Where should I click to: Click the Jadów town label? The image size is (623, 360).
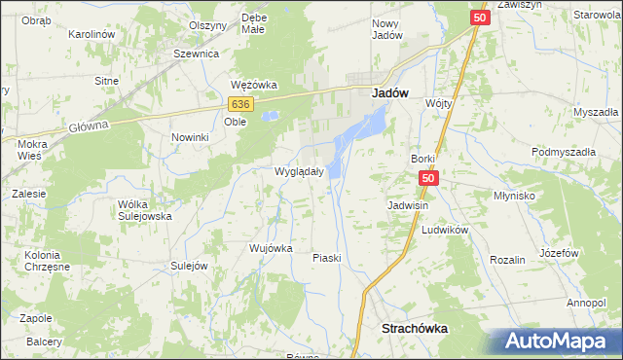(x=390, y=93)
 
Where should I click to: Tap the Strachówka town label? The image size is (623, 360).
(x=416, y=329)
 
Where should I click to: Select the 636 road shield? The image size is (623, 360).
(x=242, y=103)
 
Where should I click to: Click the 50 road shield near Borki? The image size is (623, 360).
(x=431, y=179)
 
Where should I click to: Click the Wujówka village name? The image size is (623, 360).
(x=271, y=248)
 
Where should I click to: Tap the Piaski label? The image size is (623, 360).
(x=325, y=258)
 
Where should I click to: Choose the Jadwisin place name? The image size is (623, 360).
(x=409, y=206)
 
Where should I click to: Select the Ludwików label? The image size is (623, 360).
(x=446, y=230)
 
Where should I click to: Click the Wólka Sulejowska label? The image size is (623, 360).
(x=144, y=210)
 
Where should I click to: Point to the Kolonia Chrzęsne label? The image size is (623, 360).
(x=35, y=262)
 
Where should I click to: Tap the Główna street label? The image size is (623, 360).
(x=86, y=125)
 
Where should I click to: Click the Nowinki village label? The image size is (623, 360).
(x=191, y=137)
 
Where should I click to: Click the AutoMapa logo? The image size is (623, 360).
(x=559, y=342)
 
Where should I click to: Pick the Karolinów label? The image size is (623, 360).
(x=92, y=34)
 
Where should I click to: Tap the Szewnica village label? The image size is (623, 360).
(x=195, y=54)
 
